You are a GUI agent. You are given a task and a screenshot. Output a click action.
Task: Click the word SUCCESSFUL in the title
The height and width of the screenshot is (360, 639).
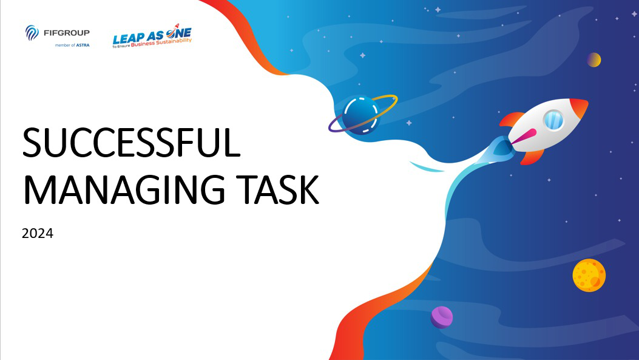coord(131,143)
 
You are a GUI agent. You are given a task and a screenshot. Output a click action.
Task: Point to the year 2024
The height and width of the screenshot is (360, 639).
coord(38,233)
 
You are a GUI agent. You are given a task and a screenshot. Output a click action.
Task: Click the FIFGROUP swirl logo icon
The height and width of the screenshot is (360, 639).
coord(32,33)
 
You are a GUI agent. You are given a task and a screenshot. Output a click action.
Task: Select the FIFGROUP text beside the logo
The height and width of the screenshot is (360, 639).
coord(66,33)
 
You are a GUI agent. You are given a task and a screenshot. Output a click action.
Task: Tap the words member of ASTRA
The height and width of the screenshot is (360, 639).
coord(72,46)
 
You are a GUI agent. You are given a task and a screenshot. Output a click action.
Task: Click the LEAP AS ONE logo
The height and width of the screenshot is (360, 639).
coord(152,36)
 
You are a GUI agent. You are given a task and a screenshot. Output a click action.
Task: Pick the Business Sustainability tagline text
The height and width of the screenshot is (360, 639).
coord(161,42)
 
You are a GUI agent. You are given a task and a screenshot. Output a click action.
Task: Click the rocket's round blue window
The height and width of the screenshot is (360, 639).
coord(553,120)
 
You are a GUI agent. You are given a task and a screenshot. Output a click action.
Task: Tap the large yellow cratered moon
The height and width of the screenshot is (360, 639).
coord(589,275)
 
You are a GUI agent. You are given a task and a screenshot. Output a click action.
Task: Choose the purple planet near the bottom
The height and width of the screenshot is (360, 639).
coord(442,317)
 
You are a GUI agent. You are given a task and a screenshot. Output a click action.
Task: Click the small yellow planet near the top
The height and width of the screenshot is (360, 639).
coord(593,60)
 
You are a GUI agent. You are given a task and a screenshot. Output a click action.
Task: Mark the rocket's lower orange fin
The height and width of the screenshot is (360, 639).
coord(532,157)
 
